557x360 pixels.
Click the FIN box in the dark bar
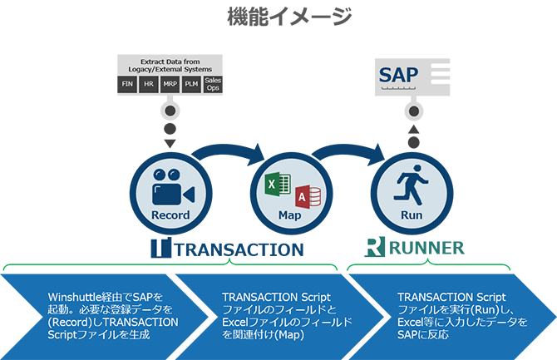pyautogui.click(x=127, y=85)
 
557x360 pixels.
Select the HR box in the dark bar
pyautogui.click(x=149, y=85)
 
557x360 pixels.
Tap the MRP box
pyautogui.click(x=170, y=85)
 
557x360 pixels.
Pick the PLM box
pyautogui.click(x=191, y=85)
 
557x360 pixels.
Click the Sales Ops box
pyautogui.click(x=214, y=84)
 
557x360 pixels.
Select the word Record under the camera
pyautogui.click(x=170, y=215)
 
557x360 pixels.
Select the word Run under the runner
pyautogui.click(x=412, y=215)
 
